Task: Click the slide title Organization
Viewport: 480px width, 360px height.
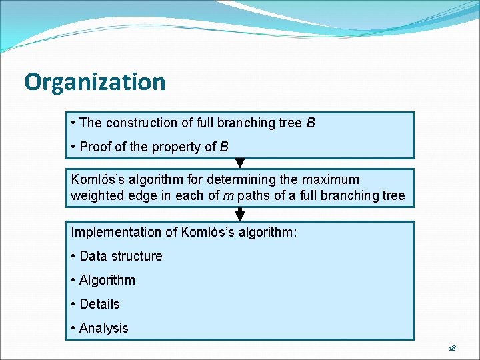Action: point(95,82)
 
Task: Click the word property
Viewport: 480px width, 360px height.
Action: point(175,147)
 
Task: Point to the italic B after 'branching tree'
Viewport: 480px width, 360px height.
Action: point(311,123)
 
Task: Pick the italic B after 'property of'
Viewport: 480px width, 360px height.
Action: point(224,147)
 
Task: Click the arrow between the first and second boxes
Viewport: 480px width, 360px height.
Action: point(240,163)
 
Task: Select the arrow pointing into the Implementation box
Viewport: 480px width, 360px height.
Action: point(240,215)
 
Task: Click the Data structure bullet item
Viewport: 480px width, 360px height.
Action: point(121,256)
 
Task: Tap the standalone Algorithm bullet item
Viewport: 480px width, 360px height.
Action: point(107,280)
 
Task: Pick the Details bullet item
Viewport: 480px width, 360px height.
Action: point(99,304)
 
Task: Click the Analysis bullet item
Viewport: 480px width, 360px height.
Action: point(103,328)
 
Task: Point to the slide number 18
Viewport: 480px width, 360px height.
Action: point(452,349)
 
